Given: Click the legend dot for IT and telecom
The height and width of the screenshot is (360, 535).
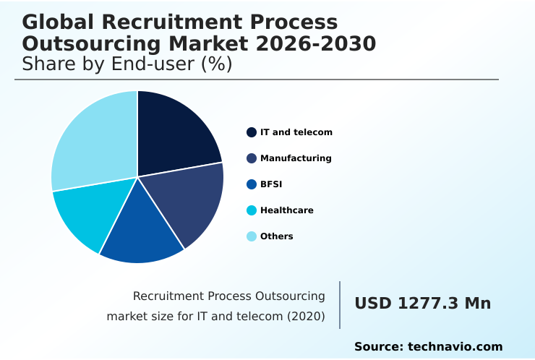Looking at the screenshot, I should point(252,132).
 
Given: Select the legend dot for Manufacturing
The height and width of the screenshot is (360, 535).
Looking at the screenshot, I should point(252,158).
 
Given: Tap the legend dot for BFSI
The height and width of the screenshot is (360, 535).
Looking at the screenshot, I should point(252,184).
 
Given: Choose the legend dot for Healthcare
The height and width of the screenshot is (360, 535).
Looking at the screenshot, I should point(252,210).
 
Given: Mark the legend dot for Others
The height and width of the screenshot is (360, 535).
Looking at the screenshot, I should point(252,236).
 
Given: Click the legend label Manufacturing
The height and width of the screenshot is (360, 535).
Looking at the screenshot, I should point(296,158).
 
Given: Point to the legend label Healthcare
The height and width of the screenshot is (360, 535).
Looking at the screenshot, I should point(286,210).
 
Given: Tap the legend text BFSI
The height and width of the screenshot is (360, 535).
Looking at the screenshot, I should point(271,184).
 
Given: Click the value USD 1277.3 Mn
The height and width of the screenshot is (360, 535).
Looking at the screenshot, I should point(422,304).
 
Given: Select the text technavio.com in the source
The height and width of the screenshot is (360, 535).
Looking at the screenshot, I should point(455,347).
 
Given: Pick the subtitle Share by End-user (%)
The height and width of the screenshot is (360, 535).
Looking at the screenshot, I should point(127,64).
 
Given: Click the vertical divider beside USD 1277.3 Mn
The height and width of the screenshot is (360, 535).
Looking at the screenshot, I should point(340,304).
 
